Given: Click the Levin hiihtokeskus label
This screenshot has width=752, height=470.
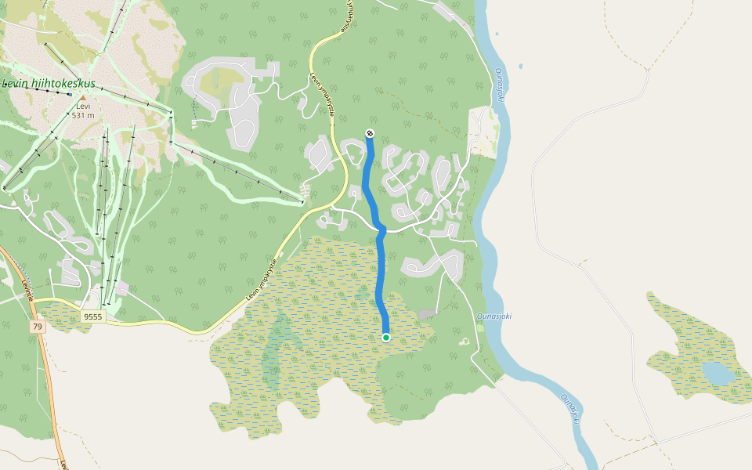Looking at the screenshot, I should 49,83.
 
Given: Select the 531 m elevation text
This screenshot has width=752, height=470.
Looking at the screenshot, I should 83,115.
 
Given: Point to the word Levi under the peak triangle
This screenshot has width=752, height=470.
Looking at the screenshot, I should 83,107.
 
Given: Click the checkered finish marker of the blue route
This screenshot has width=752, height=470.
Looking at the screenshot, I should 370,133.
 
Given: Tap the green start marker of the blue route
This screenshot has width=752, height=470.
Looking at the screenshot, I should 386,337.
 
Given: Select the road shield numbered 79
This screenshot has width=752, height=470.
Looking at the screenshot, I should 37,326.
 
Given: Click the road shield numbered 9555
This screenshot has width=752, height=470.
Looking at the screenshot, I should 92,316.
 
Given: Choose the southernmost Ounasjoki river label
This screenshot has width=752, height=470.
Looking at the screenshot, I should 570,407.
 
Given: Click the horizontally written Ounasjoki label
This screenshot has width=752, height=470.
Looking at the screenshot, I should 493,316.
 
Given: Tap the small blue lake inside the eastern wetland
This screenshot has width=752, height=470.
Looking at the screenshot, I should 717,374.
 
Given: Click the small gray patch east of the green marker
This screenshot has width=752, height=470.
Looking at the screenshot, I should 426,314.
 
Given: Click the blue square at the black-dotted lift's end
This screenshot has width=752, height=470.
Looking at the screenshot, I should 70,95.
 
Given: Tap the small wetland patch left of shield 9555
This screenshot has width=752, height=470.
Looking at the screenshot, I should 59,316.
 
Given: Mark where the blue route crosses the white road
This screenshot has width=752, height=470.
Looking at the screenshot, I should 381,229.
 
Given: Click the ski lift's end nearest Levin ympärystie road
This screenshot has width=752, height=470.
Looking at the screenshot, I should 302,201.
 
